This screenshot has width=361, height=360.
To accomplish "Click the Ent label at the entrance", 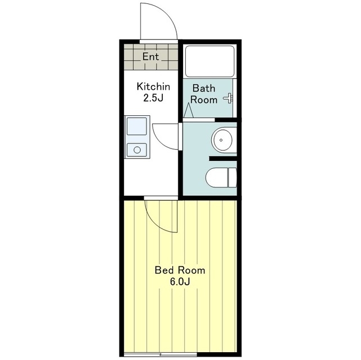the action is click(x=150, y=57).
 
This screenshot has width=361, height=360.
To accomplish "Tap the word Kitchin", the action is click(x=153, y=87).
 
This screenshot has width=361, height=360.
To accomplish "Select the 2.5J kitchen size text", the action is click(x=153, y=98).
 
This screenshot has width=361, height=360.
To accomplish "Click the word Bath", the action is click(x=204, y=88).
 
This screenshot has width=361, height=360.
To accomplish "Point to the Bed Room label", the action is click(x=180, y=270).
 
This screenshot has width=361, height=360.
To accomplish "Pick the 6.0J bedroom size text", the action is click(x=180, y=282).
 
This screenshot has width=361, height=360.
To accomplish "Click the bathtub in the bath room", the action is click(x=210, y=61).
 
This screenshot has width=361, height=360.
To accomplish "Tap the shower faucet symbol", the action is click(x=229, y=98).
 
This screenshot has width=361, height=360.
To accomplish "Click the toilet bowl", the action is click(x=217, y=178).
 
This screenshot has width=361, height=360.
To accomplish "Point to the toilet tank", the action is click(x=232, y=178).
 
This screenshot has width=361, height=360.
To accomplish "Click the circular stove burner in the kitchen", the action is click(x=137, y=150).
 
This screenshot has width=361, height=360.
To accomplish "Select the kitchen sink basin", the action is click(x=137, y=126).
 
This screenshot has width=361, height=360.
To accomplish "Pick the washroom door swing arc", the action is click(x=160, y=143).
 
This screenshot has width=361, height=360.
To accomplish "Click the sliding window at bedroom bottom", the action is click(x=161, y=354).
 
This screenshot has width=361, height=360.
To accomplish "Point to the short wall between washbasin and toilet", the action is click(x=223, y=159).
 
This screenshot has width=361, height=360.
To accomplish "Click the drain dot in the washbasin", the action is click(x=221, y=140).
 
